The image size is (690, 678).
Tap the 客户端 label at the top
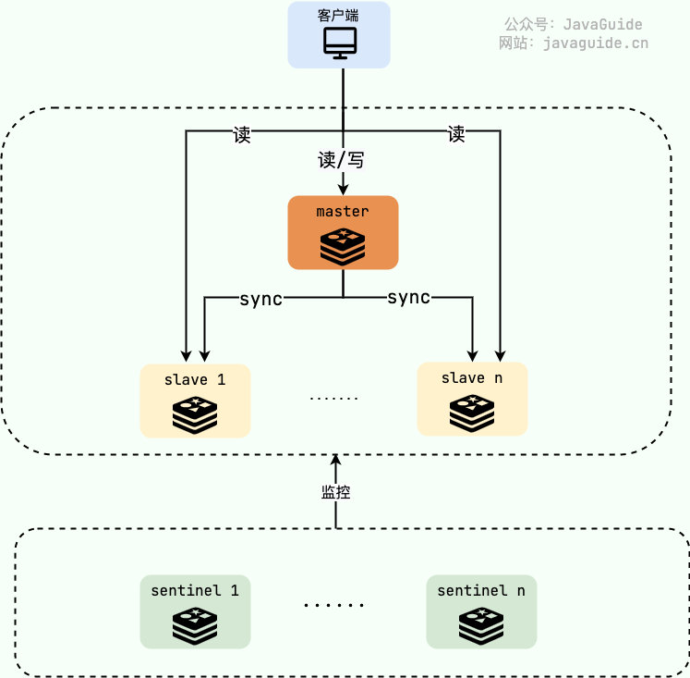(339, 16)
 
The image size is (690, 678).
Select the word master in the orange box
(343, 212)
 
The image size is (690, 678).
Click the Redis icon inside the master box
(343, 247)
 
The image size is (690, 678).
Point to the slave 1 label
(195, 379)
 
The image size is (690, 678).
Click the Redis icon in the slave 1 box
(195, 415)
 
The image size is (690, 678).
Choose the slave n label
(472, 377)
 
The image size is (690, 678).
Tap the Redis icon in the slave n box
(472, 413)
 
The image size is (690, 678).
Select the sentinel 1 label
(195, 590)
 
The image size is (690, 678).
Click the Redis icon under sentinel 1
(195, 626)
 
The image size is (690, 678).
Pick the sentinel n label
(481, 590)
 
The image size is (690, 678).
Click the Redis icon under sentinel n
(481, 626)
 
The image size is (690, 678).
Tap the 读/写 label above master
(341, 160)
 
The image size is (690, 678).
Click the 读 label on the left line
(242, 135)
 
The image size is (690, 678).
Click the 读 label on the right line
(456, 134)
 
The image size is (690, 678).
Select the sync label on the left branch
(260, 299)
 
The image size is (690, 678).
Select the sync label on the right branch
(408, 297)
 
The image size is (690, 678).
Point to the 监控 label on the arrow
(335, 492)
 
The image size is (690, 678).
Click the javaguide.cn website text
(596, 43)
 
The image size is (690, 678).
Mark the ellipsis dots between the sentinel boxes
(334, 606)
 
